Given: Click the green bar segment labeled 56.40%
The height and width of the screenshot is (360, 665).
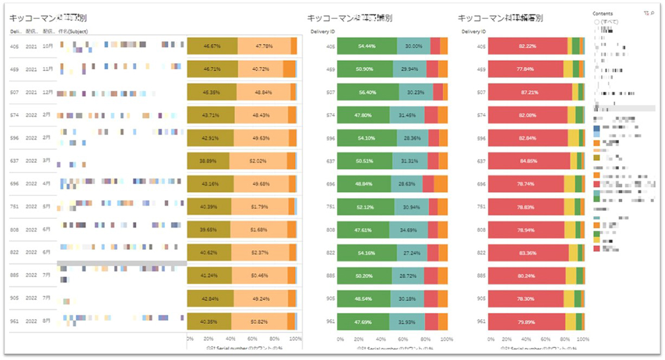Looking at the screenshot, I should coord(367,92).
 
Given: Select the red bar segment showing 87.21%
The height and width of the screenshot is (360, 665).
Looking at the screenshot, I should coord(530,92).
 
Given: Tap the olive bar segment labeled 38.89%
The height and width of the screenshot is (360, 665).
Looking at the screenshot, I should coord(208,161).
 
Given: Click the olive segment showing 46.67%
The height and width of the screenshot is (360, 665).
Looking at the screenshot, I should coord(212,47).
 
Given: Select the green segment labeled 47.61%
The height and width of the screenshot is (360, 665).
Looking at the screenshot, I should coord(363,229).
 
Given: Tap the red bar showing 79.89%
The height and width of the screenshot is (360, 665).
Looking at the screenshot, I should coord(526,321).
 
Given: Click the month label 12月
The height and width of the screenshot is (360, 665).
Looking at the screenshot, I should coord(49,92).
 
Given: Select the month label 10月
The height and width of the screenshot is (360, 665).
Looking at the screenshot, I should coord(49,47).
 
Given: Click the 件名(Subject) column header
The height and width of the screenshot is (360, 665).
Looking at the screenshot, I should coord(73,32).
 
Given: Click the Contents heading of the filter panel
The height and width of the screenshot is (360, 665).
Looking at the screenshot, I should coord(602,13).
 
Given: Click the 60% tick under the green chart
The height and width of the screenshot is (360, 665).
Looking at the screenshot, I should coord(402,338).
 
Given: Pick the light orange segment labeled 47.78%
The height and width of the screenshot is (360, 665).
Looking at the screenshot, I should coord(264,47).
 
